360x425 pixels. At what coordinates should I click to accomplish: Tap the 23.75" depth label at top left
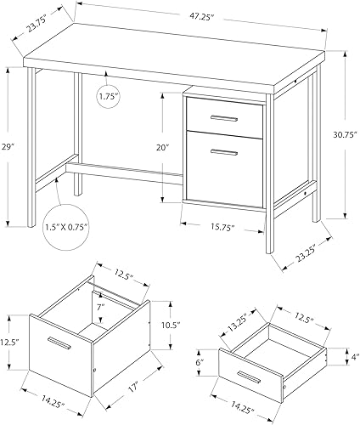(37, 25)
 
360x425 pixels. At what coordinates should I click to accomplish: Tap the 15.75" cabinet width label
(222, 227)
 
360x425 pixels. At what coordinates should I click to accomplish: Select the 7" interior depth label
(99, 304)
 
